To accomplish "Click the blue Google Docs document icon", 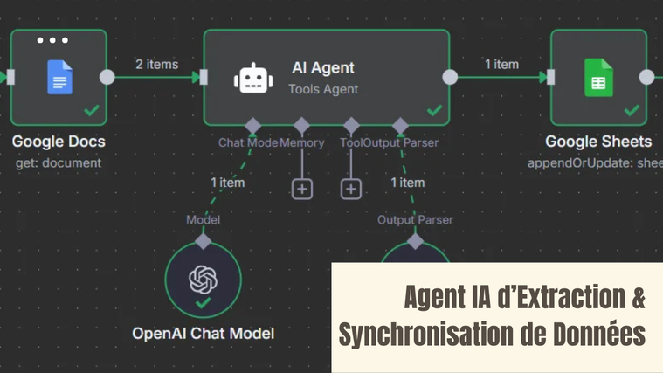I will coord(59,78).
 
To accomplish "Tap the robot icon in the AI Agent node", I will coord(253,78).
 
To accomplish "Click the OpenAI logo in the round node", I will coord(203,280).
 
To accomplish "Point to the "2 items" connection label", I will coord(156,64).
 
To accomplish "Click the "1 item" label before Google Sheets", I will coord(501,64).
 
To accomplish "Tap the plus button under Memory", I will coord(301,188).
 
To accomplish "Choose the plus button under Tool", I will coord(350,188).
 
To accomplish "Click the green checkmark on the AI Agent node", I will coord(434,111).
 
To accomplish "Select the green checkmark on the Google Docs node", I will coord(91,111).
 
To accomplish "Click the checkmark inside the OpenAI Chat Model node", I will coord(203,303).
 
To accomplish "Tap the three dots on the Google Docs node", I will coord(52,40).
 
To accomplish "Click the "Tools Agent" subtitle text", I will coord(323,88).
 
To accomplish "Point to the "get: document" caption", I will coord(59,162).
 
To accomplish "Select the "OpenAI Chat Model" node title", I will coord(203,333).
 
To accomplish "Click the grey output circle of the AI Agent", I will coord(450,77).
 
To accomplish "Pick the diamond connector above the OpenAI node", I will coord(203,240).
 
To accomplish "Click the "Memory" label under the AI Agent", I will coord(302,142).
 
